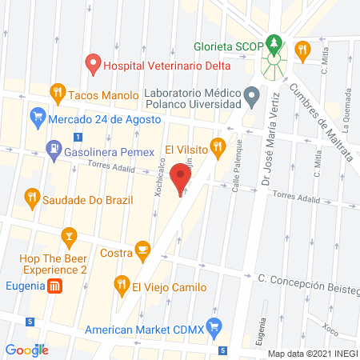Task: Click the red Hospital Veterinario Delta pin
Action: tap(94, 62)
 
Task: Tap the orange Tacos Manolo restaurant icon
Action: tap(57, 92)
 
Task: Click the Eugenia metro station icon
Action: tap(54, 286)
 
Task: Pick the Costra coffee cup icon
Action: tap(143, 251)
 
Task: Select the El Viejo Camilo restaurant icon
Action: tap(122, 282)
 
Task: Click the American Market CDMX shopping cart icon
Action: tap(213, 326)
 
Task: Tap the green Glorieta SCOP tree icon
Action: tap(275, 42)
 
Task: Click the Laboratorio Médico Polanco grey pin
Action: tap(252, 98)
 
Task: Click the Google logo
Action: tap(27, 350)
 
